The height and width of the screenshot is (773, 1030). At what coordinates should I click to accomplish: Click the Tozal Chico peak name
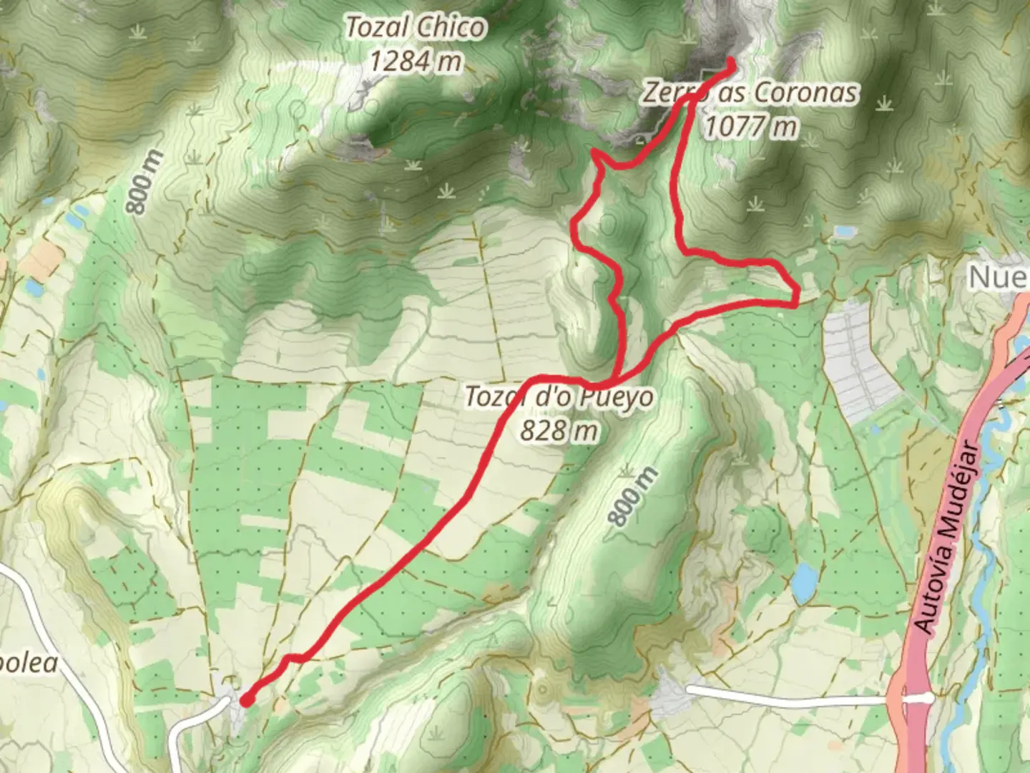(416, 29)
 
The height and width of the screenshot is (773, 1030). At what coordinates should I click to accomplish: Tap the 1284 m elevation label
(416, 62)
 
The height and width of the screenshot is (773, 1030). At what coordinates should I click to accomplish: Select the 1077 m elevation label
(750, 127)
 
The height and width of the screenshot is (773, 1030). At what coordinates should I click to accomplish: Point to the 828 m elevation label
(559, 430)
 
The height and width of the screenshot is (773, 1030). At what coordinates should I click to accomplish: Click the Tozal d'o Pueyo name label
(559, 396)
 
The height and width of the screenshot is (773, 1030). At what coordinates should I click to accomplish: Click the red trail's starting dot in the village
(245, 701)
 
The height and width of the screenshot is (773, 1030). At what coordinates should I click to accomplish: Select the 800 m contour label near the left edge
(142, 182)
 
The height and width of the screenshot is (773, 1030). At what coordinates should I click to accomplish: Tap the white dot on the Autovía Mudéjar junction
(928, 696)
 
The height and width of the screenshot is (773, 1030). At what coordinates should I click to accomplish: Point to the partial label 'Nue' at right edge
(999, 276)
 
